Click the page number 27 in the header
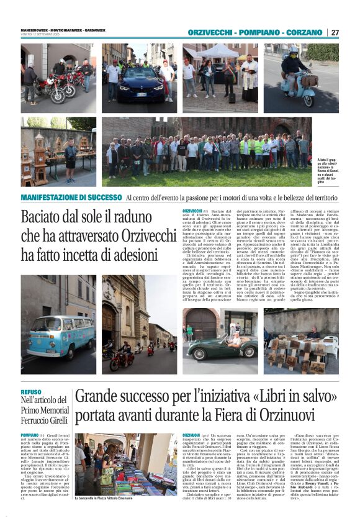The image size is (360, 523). pyautogui.click(x=335, y=32)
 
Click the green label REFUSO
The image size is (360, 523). pyautogui.click(x=31, y=392)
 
